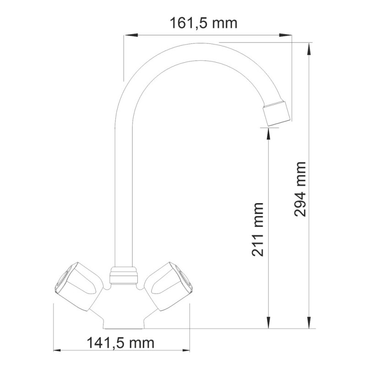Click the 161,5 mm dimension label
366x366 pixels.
pyautogui.click(x=204, y=22)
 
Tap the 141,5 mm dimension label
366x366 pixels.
pyautogui.click(x=120, y=342)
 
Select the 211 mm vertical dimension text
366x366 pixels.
pyautogui.click(x=258, y=229)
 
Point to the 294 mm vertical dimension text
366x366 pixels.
pyautogui.click(x=301, y=189)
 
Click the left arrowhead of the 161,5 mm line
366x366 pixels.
pyautogui.click(x=129, y=35)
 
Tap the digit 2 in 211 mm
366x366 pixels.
pyautogui.click(x=258, y=250)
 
